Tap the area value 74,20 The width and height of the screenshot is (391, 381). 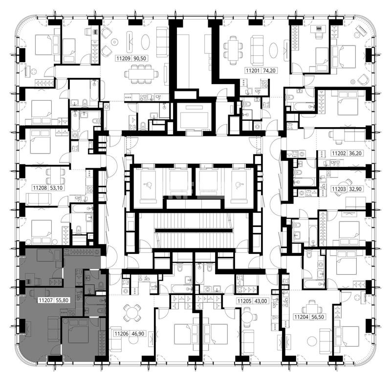coord(269,70)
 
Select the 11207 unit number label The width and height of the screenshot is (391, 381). coord(45,300)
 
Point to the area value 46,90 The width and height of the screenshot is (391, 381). coord(138,334)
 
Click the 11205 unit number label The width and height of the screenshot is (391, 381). coord(244,301)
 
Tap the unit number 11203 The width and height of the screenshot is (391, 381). coord(339,189)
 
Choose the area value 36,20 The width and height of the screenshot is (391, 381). coord(355,153)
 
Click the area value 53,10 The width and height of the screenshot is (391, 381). coord(56,187)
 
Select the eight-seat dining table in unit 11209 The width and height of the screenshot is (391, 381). coord(141,74)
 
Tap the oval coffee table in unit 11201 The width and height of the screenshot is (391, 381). coord(274,50)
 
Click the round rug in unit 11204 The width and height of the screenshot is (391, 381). coord(312,341)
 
